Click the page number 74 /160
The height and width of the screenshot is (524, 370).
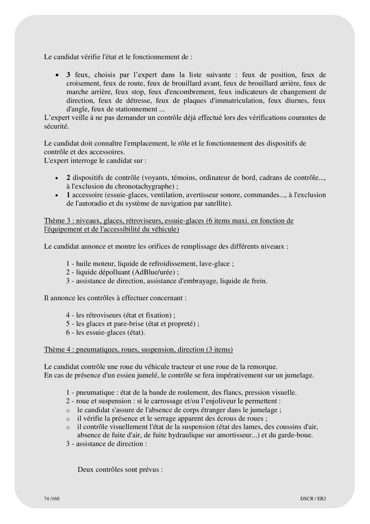[52, 498]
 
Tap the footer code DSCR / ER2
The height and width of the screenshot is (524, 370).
[313, 498]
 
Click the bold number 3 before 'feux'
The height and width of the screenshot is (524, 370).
[68, 75]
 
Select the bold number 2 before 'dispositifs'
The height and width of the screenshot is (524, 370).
[68, 178]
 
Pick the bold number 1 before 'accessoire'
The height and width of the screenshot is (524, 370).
[68, 195]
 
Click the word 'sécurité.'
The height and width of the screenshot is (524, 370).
[56, 127]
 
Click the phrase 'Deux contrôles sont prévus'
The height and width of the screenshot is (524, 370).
[120, 470]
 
